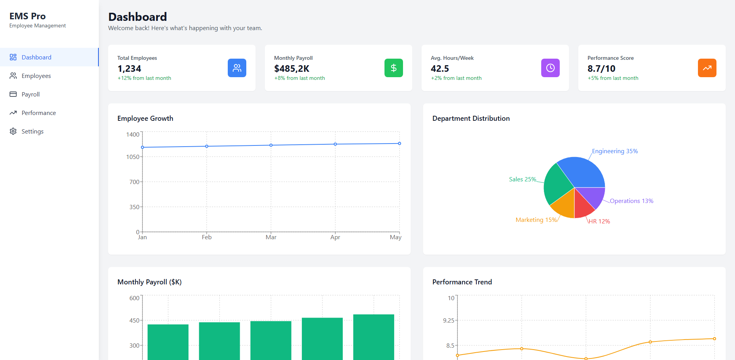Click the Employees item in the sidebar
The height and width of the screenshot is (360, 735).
click(36, 76)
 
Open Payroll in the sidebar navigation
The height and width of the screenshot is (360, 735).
click(30, 95)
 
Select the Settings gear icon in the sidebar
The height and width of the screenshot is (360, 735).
click(13, 131)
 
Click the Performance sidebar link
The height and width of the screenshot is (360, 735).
click(39, 113)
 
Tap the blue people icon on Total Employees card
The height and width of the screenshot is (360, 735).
click(237, 68)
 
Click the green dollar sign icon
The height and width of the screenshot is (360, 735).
click(393, 68)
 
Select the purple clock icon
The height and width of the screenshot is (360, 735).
click(550, 68)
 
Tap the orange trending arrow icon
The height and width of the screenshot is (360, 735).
click(707, 68)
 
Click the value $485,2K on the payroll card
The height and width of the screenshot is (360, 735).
click(291, 69)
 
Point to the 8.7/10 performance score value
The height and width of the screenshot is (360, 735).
click(601, 69)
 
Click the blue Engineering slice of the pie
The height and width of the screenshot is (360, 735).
click(583, 172)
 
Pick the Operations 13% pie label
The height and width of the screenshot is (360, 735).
click(631, 201)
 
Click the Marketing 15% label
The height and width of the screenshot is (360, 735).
click(536, 220)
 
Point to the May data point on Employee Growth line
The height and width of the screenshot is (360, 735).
click(400, 144)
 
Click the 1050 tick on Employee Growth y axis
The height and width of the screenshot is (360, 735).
click(132, 157)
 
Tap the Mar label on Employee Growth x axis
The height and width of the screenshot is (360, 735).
click(271, 237)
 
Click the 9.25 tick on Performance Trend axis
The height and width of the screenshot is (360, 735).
click(449, 321)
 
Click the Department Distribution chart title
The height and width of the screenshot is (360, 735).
click(471, 118)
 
